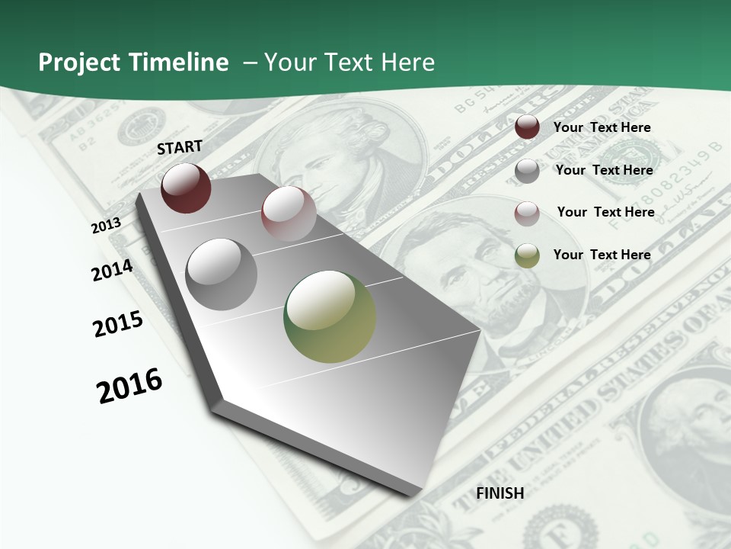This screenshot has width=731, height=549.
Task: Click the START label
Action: [180, 147]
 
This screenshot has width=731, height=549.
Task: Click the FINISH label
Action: [500, 493]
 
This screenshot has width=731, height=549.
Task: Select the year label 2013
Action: [106, 225]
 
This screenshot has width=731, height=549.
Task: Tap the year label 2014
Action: [112, 270]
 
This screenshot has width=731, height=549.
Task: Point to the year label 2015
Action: [117, 324]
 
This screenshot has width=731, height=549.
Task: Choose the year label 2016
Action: [129, 385]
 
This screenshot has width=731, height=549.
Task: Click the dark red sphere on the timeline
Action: [186, 188]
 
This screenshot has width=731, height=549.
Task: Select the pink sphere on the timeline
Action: [289, 213]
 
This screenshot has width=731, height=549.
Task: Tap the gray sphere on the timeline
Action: [222, 274]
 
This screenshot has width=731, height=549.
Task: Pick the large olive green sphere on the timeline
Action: [330, 316]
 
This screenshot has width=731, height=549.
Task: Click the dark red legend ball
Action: [527, 127]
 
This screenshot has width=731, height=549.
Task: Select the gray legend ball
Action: [527, 171]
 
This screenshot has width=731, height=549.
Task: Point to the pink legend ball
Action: [527, 213]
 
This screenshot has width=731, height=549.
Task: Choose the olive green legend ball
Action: [527, 255]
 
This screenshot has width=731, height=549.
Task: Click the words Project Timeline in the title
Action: [133, 63]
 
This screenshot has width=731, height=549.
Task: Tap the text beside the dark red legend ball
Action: [602, 127]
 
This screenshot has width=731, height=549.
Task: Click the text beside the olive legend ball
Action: [602, 255]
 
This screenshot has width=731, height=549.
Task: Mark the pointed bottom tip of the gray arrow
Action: [415, 492]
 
